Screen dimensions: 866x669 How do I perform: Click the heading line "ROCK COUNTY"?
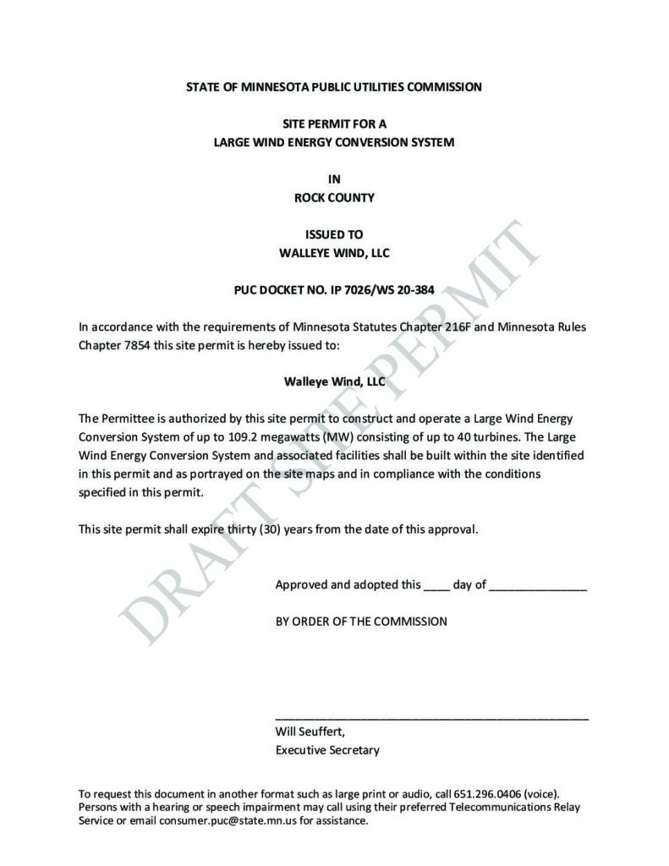point(334,198)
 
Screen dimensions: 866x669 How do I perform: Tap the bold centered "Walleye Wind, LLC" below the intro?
point(334,381)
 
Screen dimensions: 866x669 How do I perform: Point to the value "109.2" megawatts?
point(213,437)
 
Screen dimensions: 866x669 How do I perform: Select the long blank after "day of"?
point(538,585)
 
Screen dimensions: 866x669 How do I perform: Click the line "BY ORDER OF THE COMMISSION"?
point(361,622)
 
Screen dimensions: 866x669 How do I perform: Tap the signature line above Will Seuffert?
point(432,717)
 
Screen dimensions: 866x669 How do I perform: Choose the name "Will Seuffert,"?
point(310,732)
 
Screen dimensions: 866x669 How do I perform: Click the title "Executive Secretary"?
point(327,750)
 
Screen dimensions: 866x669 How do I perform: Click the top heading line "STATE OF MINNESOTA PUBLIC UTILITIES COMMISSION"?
point(334,87)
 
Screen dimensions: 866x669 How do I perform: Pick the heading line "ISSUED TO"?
point(334,234)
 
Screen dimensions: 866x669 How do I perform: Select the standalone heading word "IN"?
point(334,179)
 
